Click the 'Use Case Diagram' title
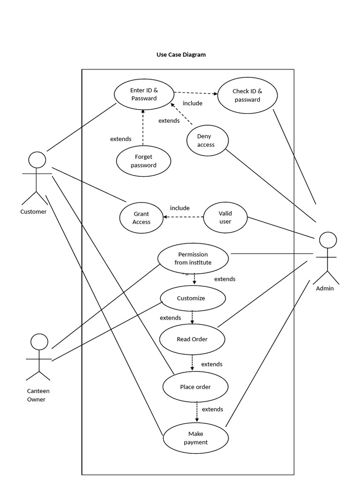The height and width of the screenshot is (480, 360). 181,54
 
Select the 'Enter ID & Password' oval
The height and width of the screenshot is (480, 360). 144,94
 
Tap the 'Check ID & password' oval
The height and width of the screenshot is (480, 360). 247,96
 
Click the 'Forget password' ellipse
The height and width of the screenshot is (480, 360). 143,161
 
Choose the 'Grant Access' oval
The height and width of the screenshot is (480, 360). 141,218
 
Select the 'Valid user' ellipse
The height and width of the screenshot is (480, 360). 225,217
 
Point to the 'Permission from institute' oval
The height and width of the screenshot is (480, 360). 193,258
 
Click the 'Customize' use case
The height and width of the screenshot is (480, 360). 193,298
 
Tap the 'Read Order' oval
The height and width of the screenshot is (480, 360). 192,339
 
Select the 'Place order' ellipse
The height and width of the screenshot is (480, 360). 195,387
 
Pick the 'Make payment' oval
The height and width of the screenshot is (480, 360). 195,438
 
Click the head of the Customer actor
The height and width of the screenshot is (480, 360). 37,160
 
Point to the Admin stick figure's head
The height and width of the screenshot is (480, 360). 328,240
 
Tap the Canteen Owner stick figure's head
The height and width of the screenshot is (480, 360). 39,342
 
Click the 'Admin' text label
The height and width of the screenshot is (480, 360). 325,288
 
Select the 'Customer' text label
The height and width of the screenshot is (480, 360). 33,211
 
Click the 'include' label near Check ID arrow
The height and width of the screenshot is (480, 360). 193,103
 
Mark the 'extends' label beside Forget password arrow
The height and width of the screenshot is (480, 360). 120,139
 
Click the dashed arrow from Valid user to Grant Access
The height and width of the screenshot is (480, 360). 183,217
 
